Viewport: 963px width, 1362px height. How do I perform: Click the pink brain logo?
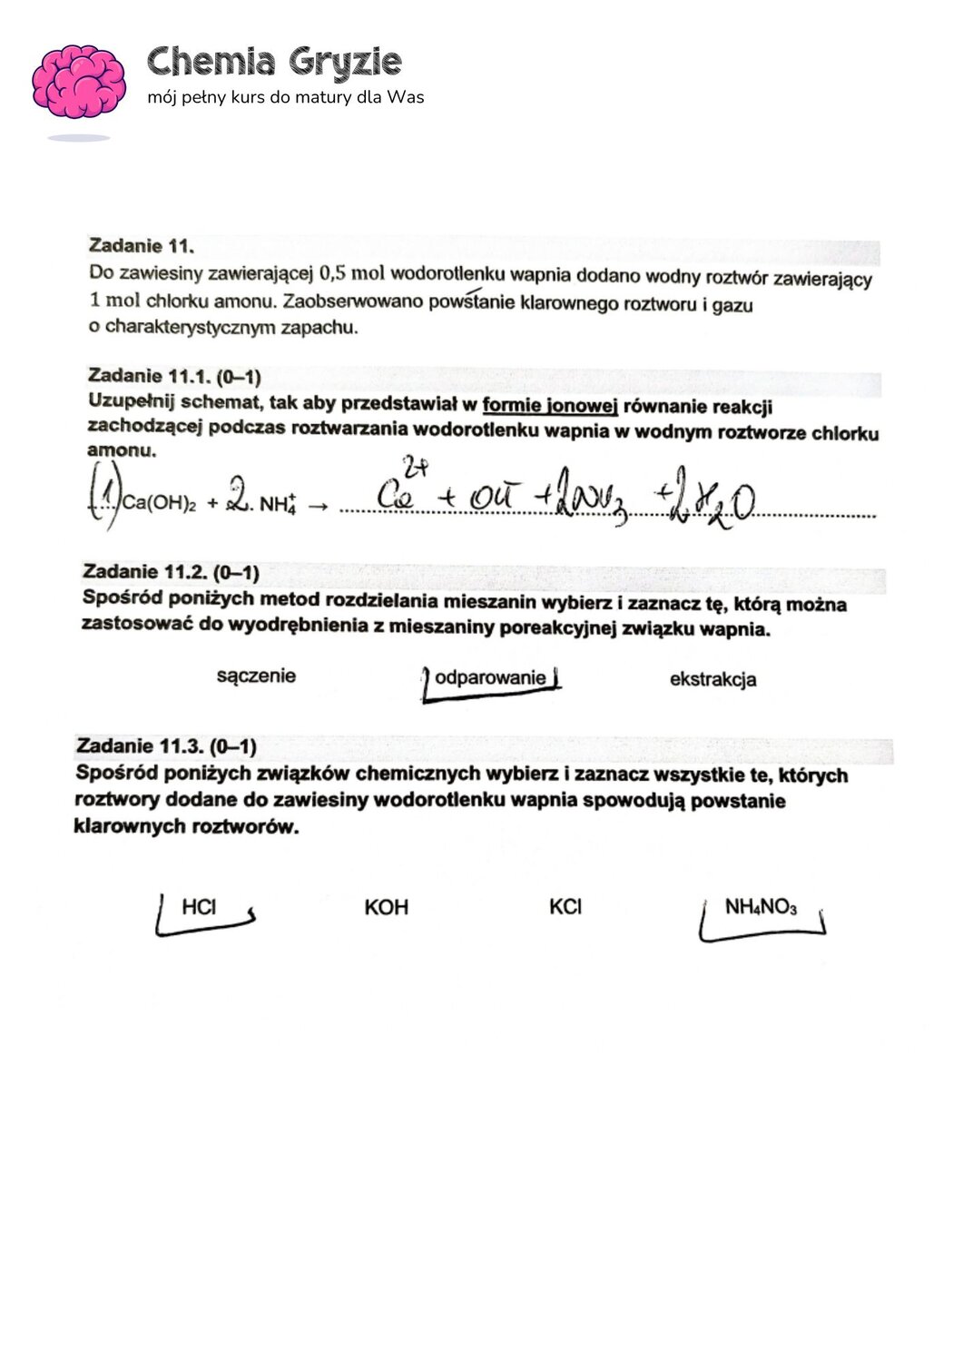[x=79, y=83]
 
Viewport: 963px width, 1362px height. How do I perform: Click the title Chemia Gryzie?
[x=273, y=62]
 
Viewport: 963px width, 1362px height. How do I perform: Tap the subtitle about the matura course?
[x=285, y=97]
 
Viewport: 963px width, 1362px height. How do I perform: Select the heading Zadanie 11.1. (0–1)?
[x=174, y=376]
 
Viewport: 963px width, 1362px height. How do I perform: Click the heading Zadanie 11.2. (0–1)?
[x=171, y=572]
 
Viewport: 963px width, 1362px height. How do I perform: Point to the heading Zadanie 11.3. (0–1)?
[x=166, y=746]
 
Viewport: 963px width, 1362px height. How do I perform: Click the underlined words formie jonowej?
[x=550, y=406]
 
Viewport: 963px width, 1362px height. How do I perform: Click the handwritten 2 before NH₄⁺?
[x=238, y=498]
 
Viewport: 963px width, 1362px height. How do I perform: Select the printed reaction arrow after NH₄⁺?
[x=317, y=507]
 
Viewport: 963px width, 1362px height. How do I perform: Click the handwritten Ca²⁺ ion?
[x=398, y=491]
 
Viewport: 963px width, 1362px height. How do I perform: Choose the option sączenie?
[x=256, y=676]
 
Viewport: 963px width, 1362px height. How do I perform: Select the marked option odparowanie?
[x=490, y=678]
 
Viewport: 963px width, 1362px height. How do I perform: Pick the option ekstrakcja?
[x=712, y=679]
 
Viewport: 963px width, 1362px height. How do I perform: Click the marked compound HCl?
[x=199, y=906]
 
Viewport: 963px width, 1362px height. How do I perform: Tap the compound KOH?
[x=386, y=907]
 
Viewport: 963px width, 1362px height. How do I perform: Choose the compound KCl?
[x=565, y=907]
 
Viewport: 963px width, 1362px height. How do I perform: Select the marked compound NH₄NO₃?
[x=761, y=907]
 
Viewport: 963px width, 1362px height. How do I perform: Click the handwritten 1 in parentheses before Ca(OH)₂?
[x=107, y=501]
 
